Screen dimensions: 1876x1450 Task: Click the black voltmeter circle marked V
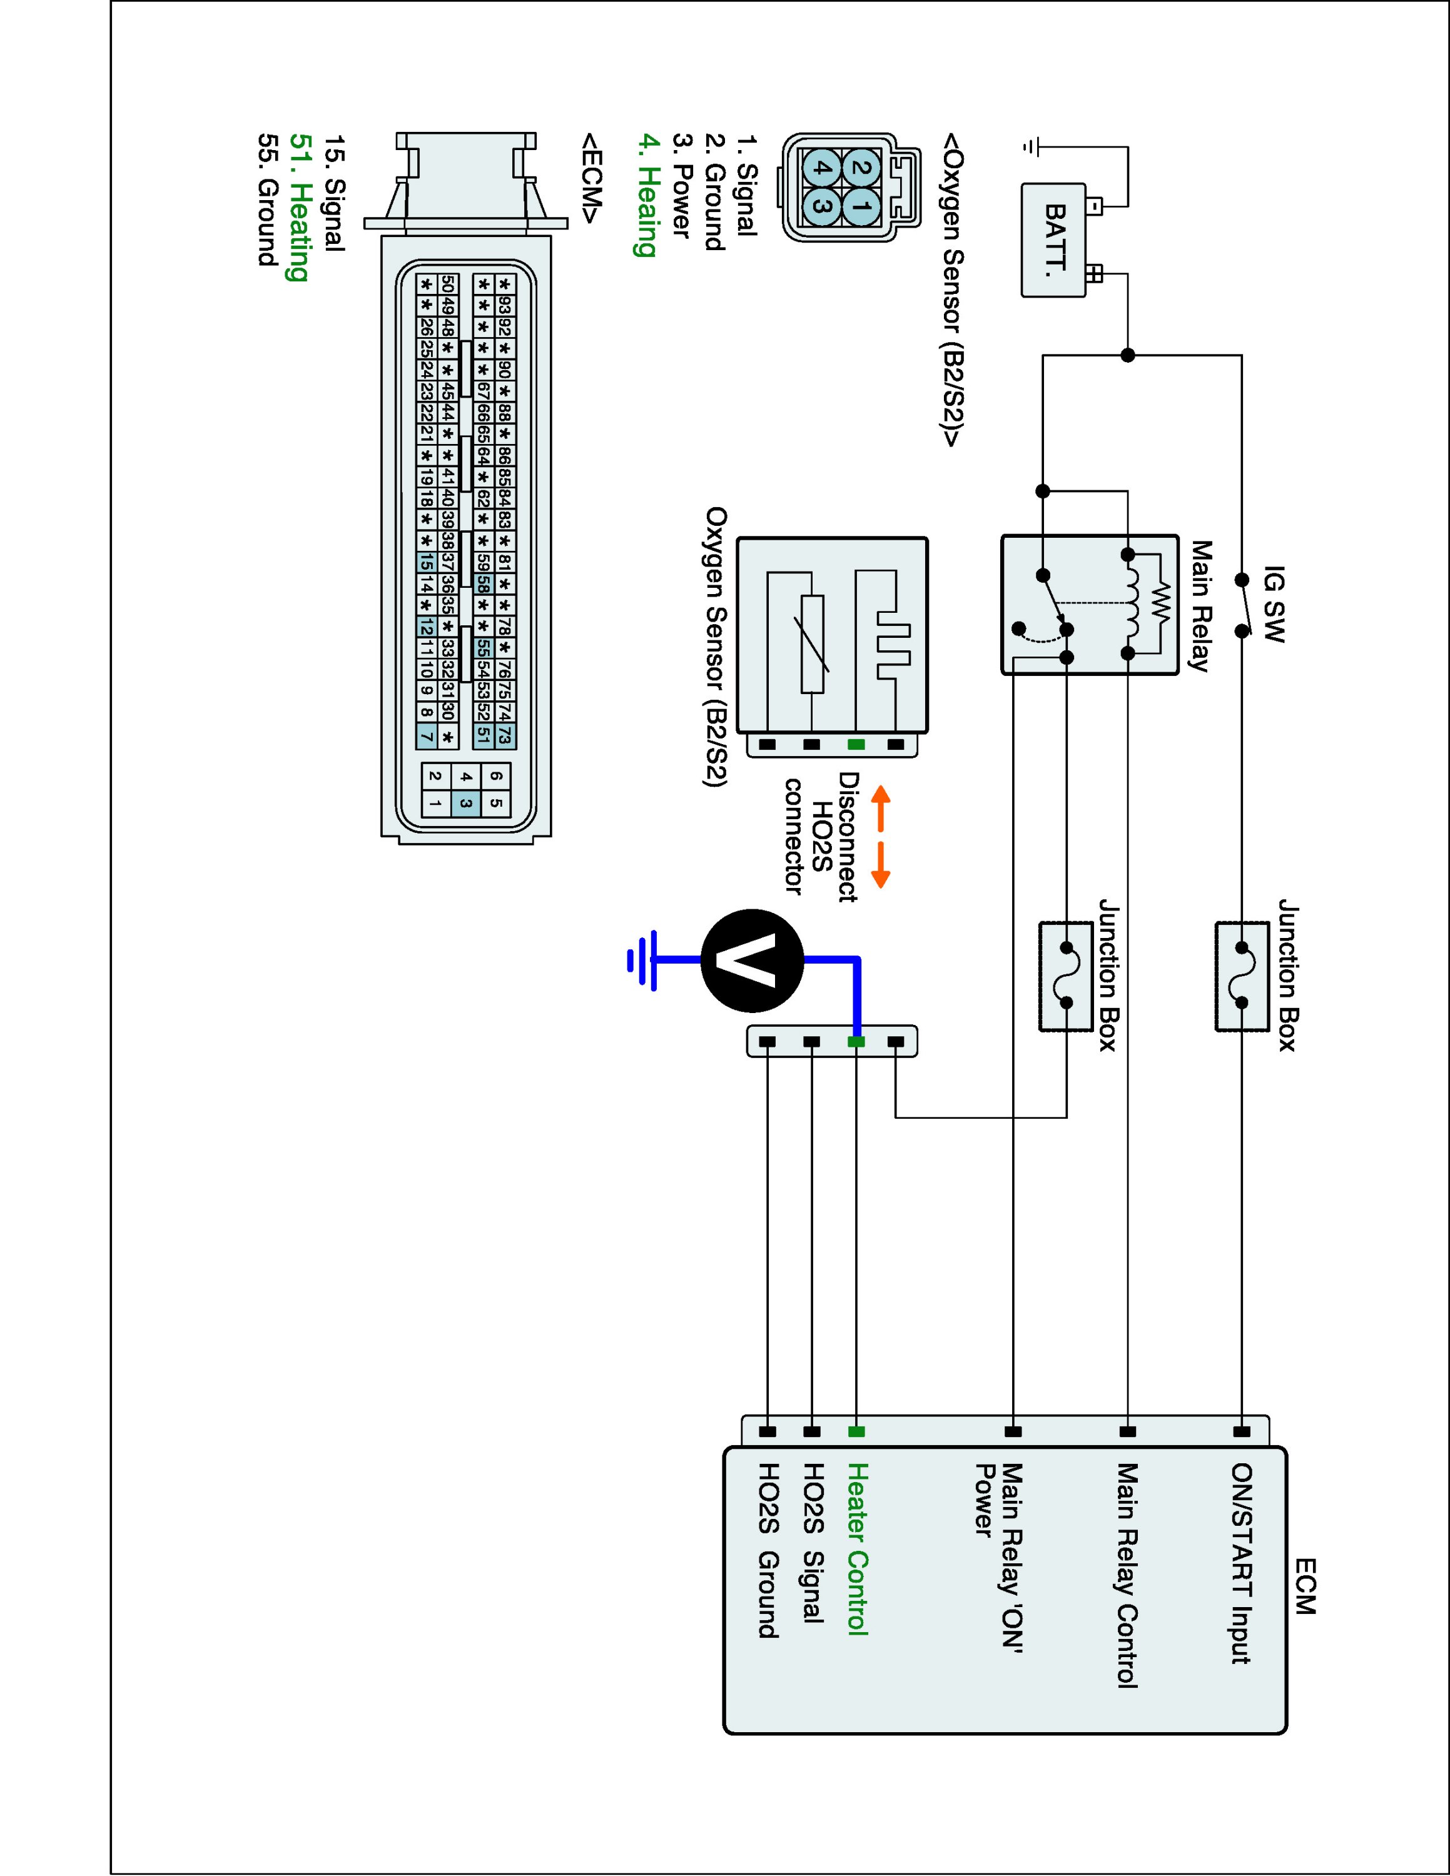click(x=753, y=961)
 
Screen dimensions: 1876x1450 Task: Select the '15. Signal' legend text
click(x=334, y=193)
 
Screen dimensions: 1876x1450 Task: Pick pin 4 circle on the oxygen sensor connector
click(x=822, y=169)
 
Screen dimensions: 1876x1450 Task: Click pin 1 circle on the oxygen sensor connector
click(x=863, y=206)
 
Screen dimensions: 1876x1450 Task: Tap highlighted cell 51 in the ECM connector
click(x=484, y=735)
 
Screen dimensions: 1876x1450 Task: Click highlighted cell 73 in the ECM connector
click(x=505, y=735)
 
